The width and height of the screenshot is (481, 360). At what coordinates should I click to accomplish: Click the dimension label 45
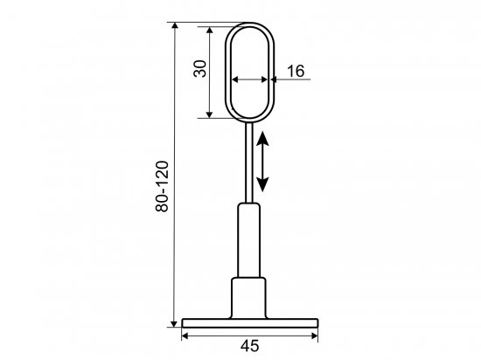click(250, 346)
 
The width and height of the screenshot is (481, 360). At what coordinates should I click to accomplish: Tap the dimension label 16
click(296, 71)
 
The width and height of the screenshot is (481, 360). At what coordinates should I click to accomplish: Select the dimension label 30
click(200, 69)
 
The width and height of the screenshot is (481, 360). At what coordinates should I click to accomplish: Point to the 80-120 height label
click(162, 186)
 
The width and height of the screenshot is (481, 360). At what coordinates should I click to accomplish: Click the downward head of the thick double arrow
click(262, 184)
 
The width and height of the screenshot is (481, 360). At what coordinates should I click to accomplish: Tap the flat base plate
click(250, 323)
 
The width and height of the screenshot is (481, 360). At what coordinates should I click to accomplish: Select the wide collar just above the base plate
click(248, 298)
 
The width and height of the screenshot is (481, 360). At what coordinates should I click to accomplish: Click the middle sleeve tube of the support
click(248, 240)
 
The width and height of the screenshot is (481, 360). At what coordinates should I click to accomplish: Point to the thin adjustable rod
click(248, 163)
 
